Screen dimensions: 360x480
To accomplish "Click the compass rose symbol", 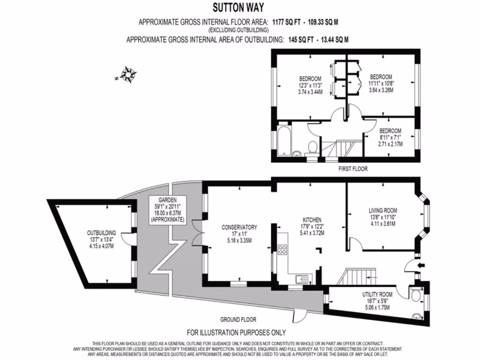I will (128, 74).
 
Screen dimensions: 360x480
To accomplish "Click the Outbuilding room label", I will (101, 239).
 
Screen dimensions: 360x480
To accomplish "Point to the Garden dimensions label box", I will (167, 210).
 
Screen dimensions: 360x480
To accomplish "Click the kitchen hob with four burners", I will (282, 249).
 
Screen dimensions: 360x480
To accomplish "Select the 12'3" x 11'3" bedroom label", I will (310, 85).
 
